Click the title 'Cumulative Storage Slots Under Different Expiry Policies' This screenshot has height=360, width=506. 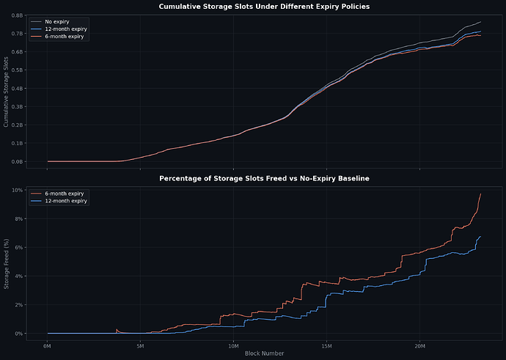[265, 7]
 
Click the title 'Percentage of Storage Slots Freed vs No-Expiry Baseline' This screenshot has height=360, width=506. [265, 178]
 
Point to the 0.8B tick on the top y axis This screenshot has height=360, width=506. [16, 15]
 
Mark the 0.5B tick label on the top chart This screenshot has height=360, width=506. [16, 70]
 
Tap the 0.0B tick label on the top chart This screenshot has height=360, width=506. [16, 161]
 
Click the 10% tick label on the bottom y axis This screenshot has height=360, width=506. [16, 190]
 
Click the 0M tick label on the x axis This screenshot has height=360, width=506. [48, 345]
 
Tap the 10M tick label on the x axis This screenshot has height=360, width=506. [233, 345]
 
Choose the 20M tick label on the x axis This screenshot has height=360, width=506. [419, 345]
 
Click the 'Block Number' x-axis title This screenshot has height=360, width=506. [265, 353]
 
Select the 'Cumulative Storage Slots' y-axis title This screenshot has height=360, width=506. [7, 91]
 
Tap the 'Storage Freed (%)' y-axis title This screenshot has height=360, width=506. [7, 262]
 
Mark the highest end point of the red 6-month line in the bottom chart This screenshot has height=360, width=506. [480, 194]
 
